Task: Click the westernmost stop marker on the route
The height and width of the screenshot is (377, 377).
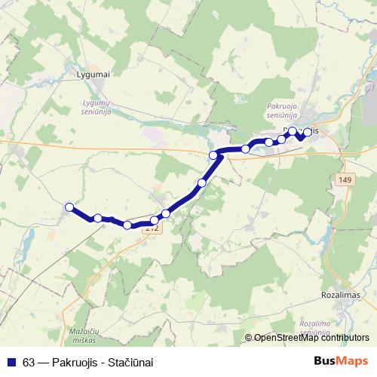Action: [x=69, y=207]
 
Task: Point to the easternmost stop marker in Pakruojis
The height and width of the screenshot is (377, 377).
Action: [x=308, y=132]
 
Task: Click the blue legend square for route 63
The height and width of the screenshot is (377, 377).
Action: [x=12, y=362]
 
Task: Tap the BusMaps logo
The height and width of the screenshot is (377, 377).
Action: [x=340, y=361]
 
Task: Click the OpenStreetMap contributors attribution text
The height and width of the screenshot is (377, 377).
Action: [x=311, y=339]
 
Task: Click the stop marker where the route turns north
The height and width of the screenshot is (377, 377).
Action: [x=214, y=155]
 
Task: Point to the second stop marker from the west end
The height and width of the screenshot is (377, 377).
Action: [x=98, y=218]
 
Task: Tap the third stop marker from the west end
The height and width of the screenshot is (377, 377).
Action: [x=127, y=225]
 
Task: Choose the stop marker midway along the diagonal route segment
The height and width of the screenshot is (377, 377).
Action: [x=201, y=183]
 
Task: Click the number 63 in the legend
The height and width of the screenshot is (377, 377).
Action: [x=29, y=362]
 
